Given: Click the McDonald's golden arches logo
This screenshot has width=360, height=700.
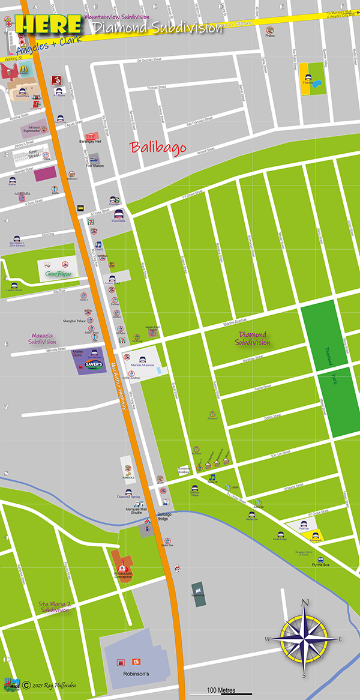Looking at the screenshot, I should click(24, 69).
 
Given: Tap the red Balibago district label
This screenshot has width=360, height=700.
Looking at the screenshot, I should click(158, 146).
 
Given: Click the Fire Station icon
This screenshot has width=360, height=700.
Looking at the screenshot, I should click(94, 159).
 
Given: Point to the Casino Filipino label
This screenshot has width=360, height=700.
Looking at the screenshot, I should click(58, 274).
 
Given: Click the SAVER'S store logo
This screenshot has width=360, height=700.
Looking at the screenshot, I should click(94, 364).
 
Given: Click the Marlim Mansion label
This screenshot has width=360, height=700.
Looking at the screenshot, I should click(139, 365).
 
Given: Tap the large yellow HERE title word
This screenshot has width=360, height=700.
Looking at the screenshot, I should click(48, 25).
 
